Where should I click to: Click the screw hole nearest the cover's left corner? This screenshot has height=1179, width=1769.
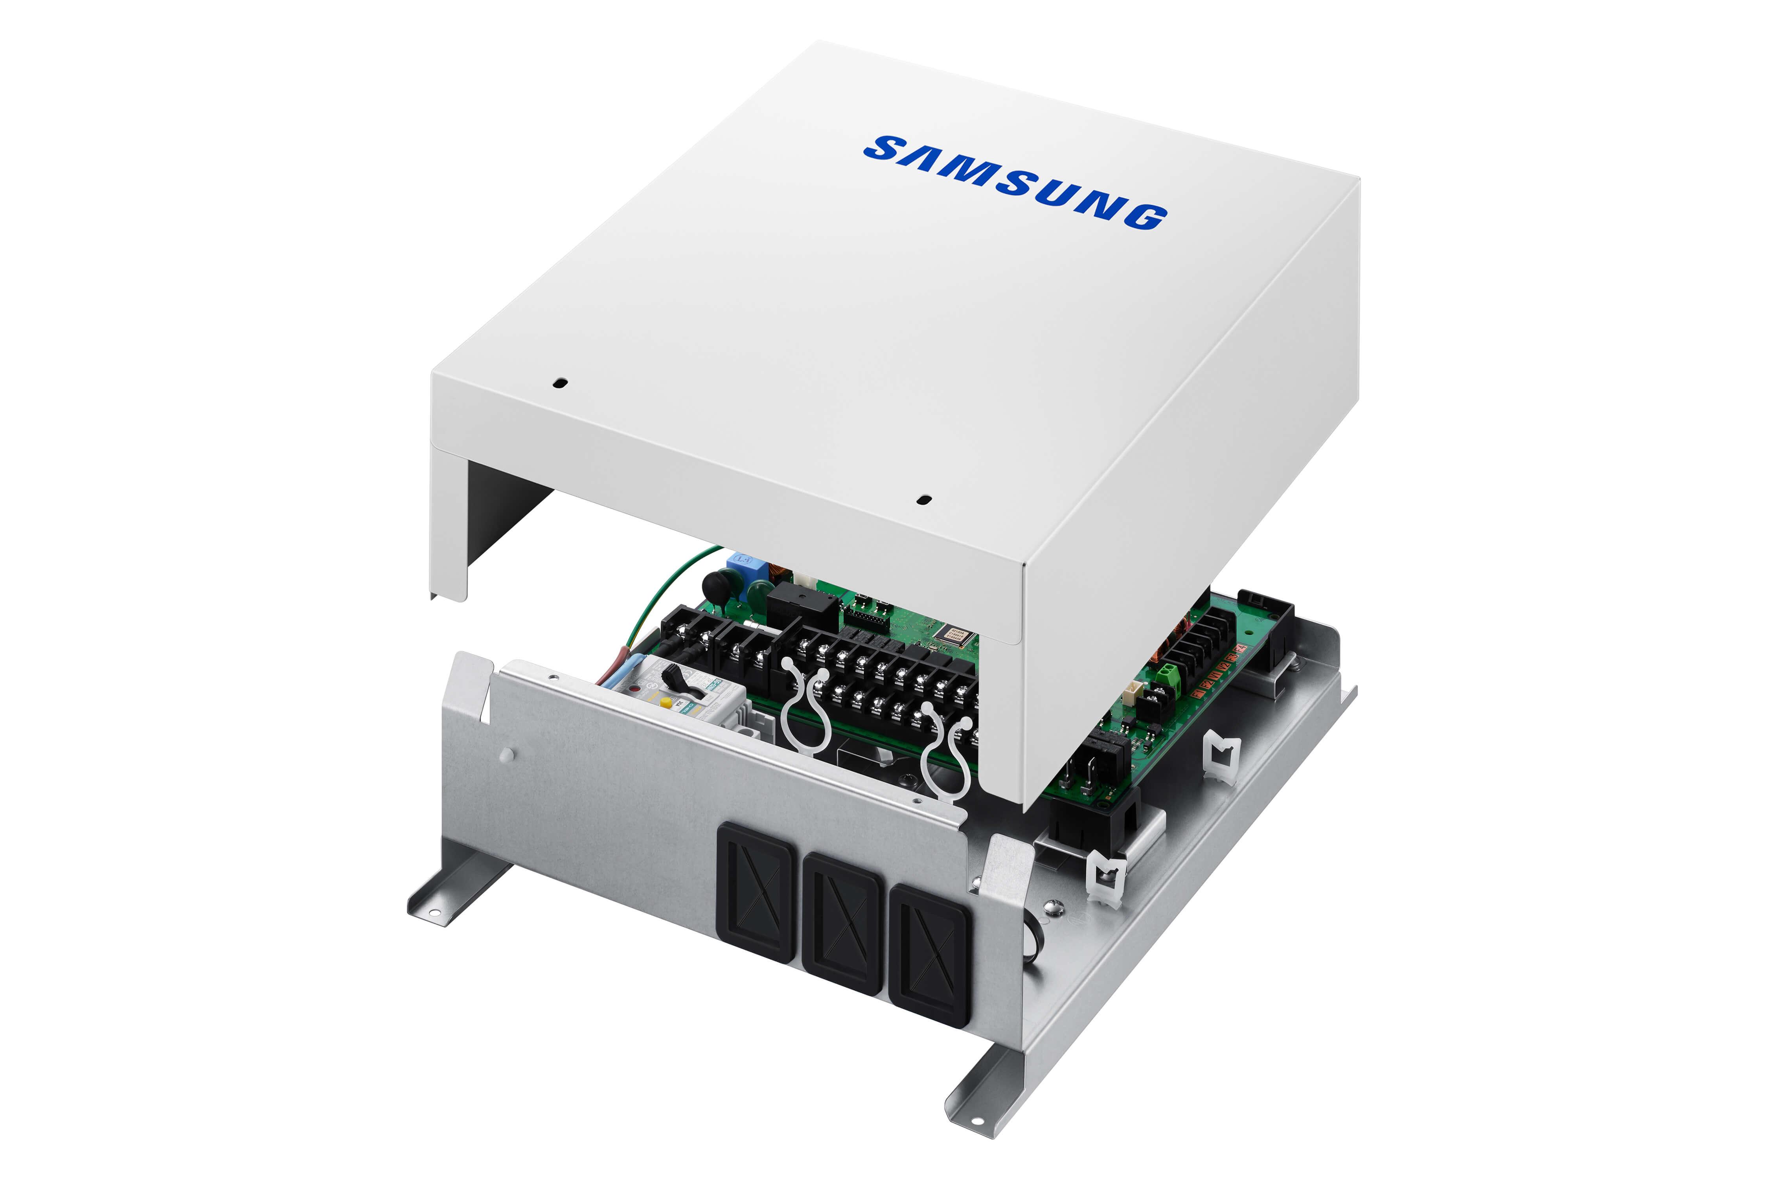(559, 383)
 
